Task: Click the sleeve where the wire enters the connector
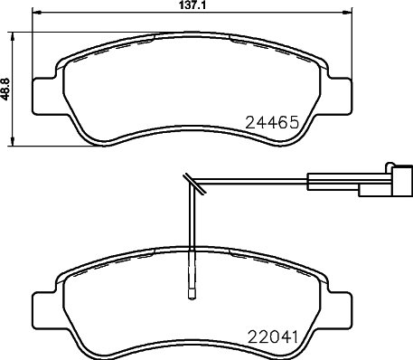[316, 183]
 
